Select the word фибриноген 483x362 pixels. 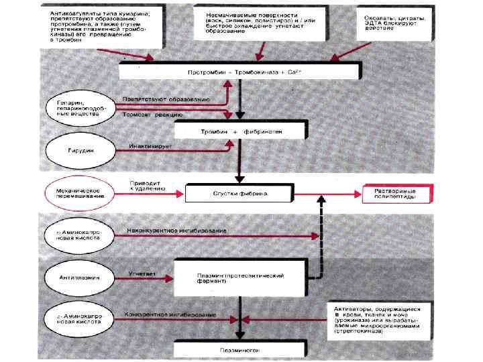268,131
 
